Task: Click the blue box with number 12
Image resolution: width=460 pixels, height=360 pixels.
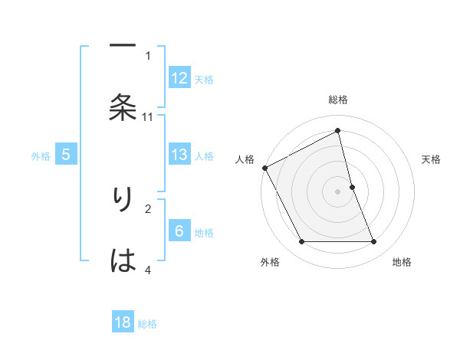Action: (x=179, y=78)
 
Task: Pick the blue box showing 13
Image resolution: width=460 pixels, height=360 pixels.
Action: (x=179, y=155)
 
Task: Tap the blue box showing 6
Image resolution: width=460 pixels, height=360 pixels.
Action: (x=179, y=231)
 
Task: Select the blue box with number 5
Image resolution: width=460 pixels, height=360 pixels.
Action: (x=66, y=155)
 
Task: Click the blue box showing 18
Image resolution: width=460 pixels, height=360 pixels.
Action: (x=123, y=322)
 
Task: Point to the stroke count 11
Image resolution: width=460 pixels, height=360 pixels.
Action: (x=148, y=116)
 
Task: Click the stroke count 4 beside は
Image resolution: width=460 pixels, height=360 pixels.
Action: (x=148, y=270)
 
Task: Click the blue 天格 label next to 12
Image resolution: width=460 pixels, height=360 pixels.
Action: (x=204, y=79)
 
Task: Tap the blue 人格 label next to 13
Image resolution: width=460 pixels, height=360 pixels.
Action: (x=204, y=155)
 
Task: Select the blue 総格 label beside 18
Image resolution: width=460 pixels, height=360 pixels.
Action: (x=147, y=323)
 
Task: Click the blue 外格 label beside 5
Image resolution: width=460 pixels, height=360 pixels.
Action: (x=41, y=155)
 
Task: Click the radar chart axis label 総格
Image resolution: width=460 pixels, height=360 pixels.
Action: (x=338, y=100)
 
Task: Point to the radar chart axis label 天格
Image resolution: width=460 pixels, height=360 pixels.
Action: (x=431, y=159)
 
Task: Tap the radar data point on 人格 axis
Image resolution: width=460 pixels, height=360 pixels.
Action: (x=264, y=168)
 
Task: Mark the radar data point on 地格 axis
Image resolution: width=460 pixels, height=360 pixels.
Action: (x=373, y=242)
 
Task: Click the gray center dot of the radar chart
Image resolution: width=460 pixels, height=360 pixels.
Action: (x=338, y=191)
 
